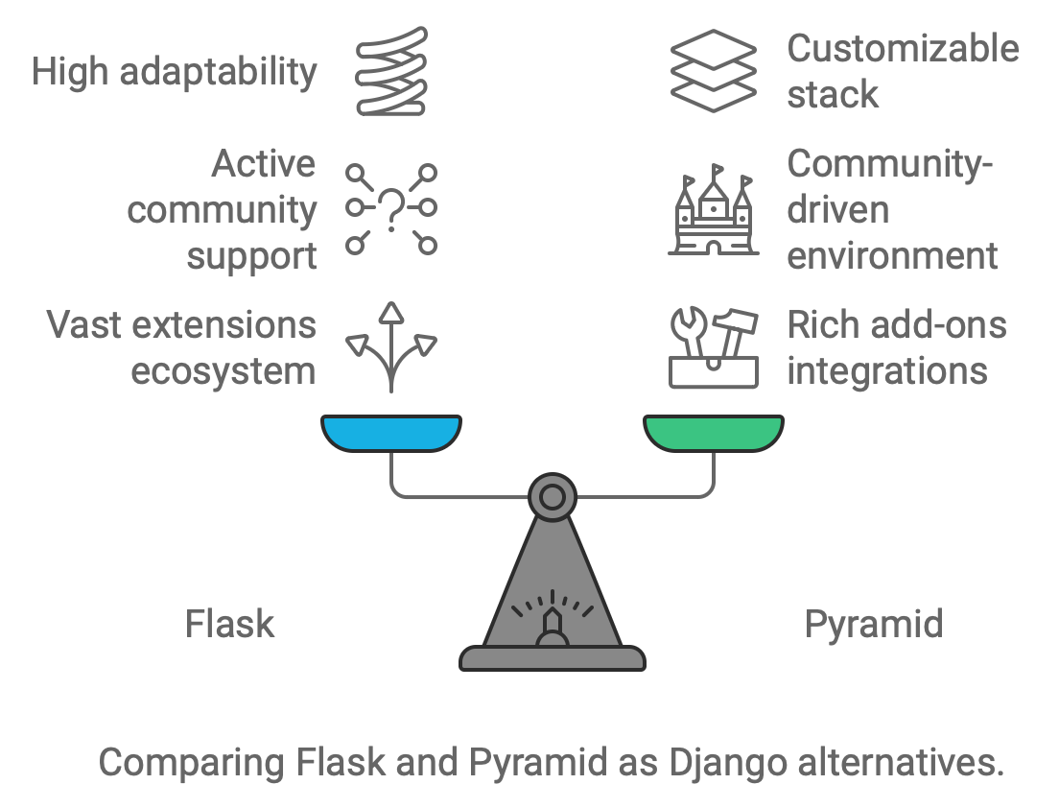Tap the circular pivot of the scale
pyautogui.click(x=553, y=496)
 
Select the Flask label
pyautogui.click(x=229, y=625)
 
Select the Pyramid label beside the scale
pyautogui.click(x=873, y=625)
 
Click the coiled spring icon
pyautogui.click(x=391, y=72)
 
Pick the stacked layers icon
pyautogui.click(x=713, y=71)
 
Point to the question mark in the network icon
pyautogui.click(x=391, y=209)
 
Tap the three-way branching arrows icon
pyautogui.click(x=391, y=346)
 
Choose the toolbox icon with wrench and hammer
pyautogui.click(x=713, y=347)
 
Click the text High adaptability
pyautogui.click(x=174, y=72)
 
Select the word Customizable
pyautogui.click(x=903, y=49)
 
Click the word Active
pyautogui.click(x=264, y=164)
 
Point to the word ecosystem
pyautogui.click(x=224, y=371)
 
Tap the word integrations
pyautogui.click(x=887, y=371)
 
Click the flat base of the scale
pyautogui.click(x=553, y=658)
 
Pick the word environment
pyautogui.click(x=892, y=256)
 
